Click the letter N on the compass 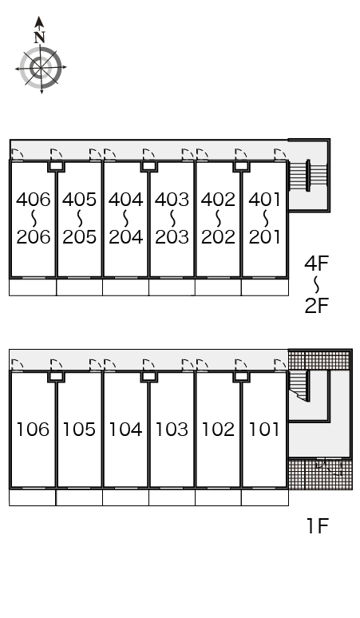tap(39, 38)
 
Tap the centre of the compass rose tap(41, 68)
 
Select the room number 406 tap(34, 200)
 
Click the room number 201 tap(265, 237)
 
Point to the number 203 tap(172, 237)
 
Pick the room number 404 tap(125, 200)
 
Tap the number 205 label tap(80, 237)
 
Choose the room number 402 tap(218, 200)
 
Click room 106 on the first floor tap(33, 430)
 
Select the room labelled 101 tap(264, 430)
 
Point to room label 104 tap(125, 430)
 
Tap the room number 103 tap(172, 430)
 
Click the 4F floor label tap(316, 263)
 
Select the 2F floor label tap(316, 306)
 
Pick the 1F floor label tap(318, 526)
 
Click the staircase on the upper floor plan tap(308, 176)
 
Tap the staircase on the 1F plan tap(299, 386)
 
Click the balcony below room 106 tap(32, 497)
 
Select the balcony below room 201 tap(265, 287)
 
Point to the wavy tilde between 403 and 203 tap(172, 218)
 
